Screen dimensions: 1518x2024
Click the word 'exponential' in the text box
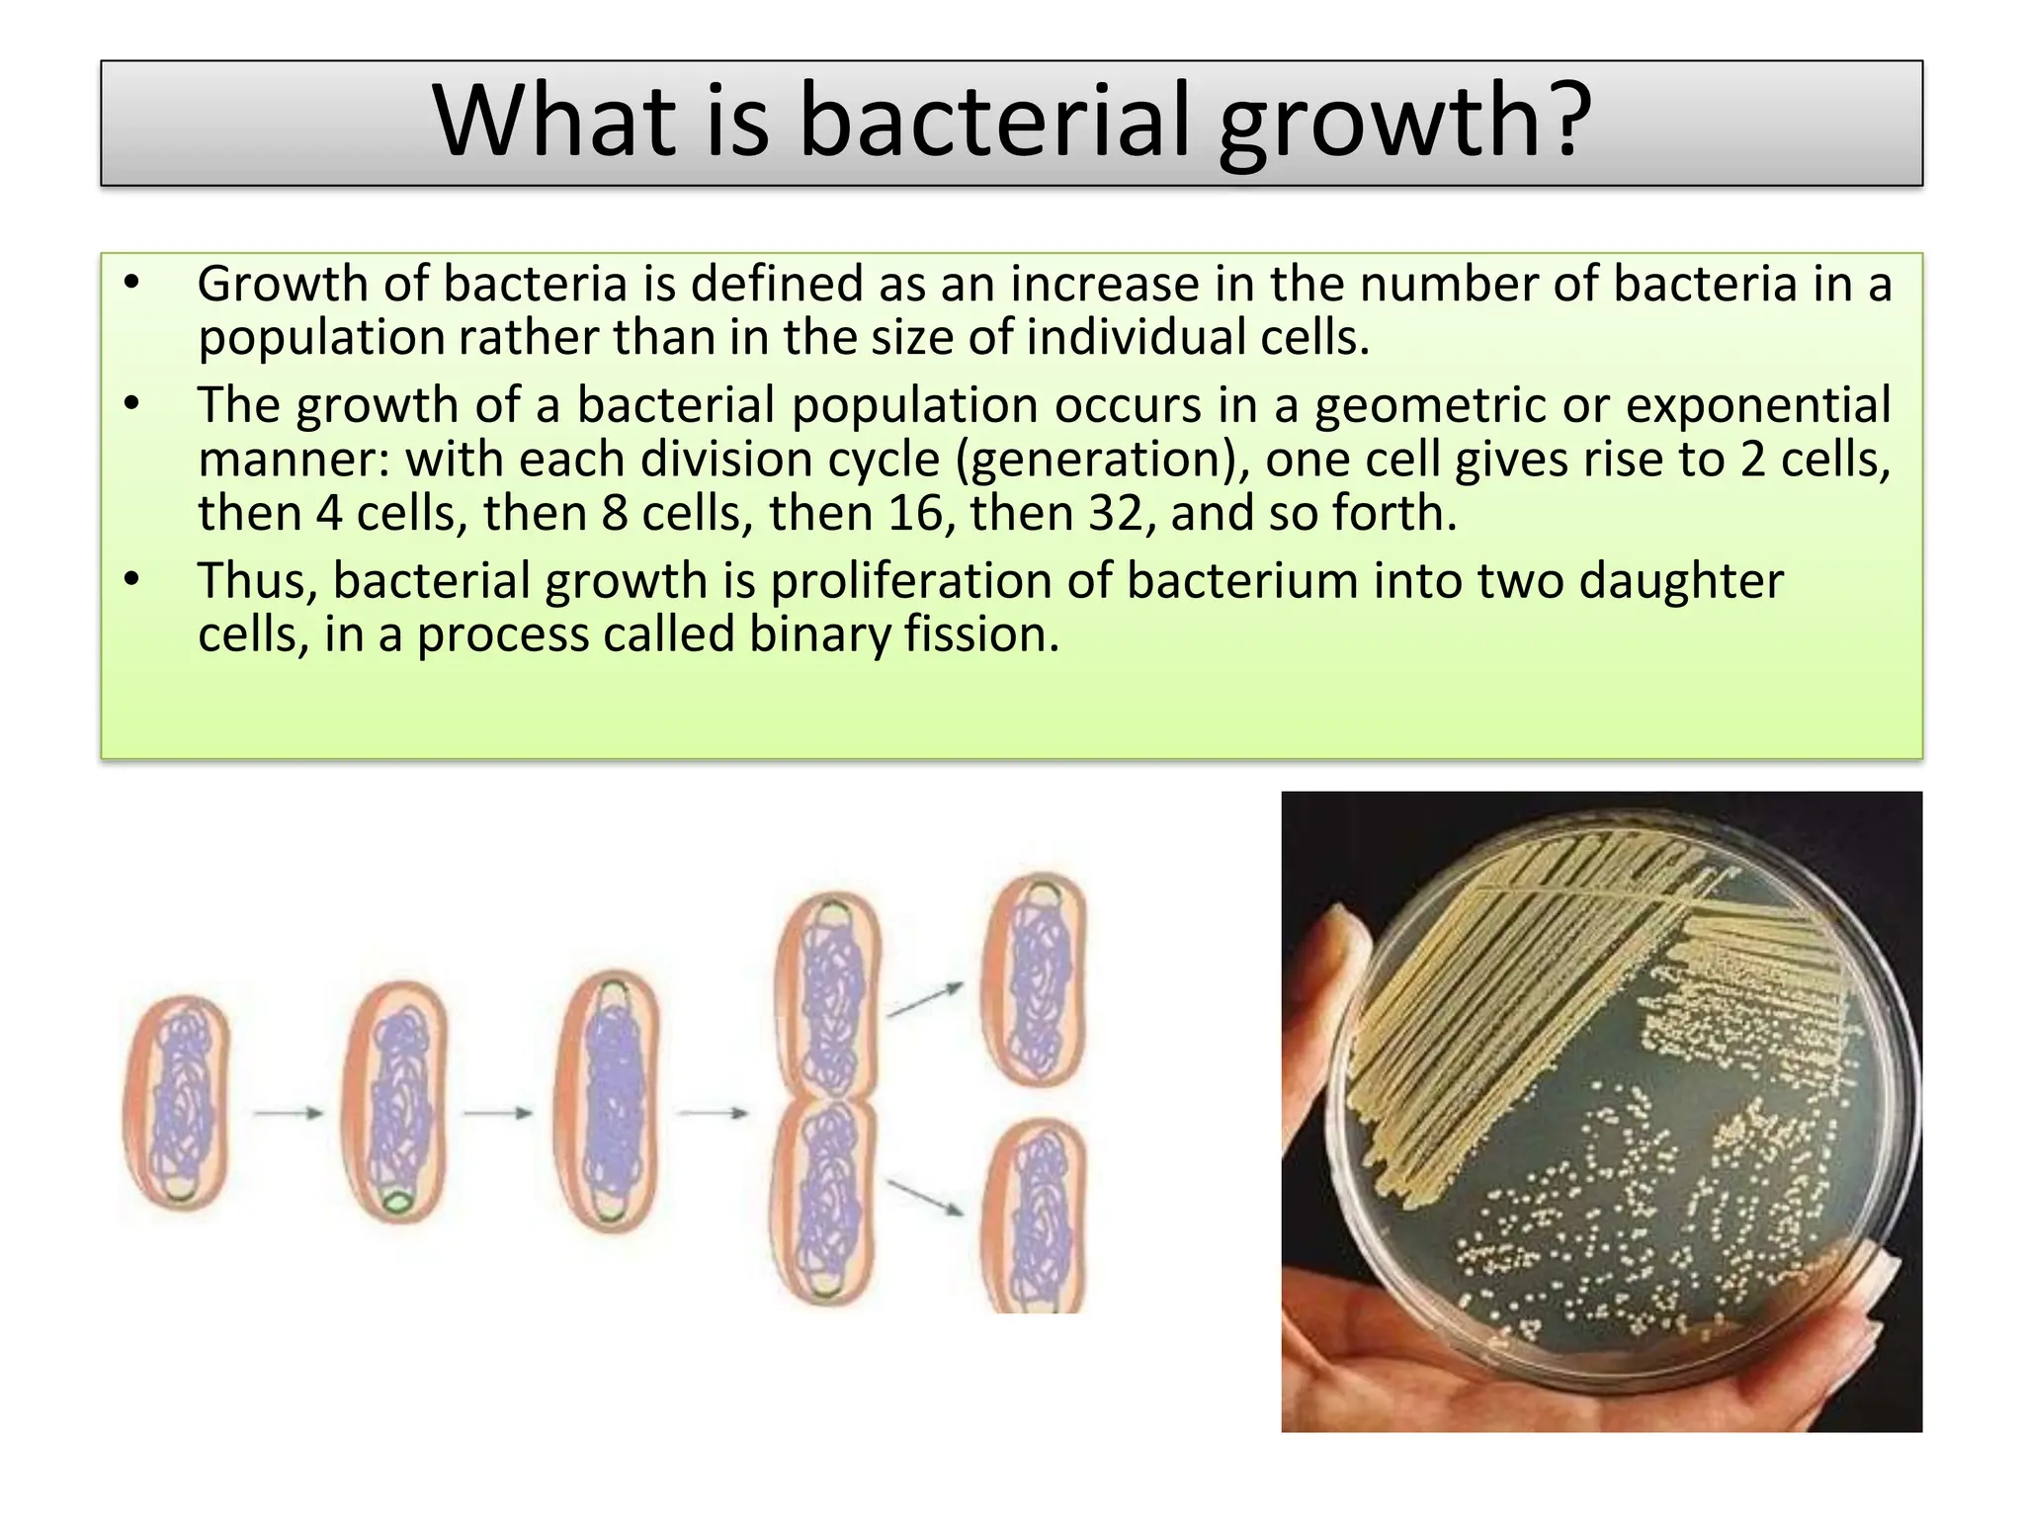[1758, 405]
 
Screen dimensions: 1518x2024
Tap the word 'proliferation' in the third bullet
[909, 581]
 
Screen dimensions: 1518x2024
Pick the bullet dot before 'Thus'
[132, 580]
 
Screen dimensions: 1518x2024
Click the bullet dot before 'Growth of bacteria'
[132, 284]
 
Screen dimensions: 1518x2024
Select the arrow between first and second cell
[288, 1114]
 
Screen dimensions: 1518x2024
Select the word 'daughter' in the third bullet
[1680, 581]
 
